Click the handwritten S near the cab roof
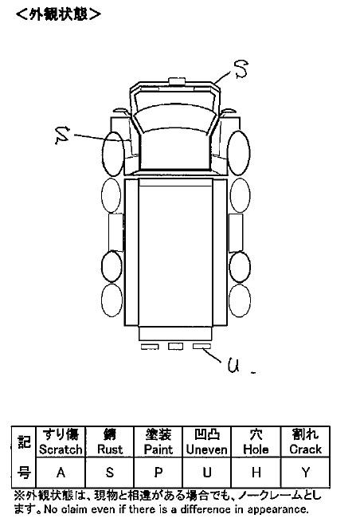tap(241, 69)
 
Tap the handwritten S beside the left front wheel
tap(62, 135)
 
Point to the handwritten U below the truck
tap(233, 366)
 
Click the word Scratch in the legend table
tap(61, 449)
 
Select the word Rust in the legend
tap(110, 449)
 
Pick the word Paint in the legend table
tap(158, 449)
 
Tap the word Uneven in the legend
tap(207, 449)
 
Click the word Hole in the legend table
tap(256, 449)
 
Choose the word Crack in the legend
tap(306, 449)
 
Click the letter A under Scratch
tap(61, 473)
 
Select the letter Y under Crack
tap(306, 473)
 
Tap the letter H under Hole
tap(256, 473)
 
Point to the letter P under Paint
tap(158, 473)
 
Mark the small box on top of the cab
tap(178, 81)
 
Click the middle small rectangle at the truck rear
tap(175, 346)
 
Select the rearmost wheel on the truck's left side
tap(112, 300)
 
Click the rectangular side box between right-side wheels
tap(236, 233)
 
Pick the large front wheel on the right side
tap(238, 153)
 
